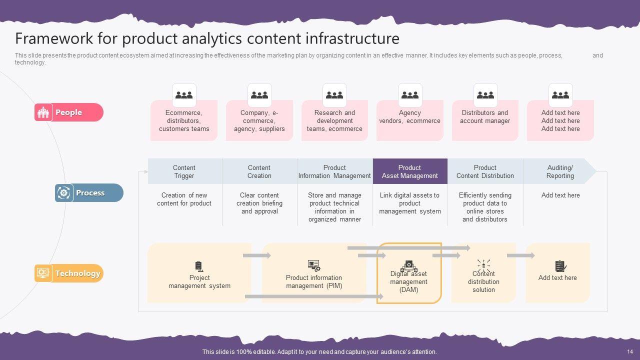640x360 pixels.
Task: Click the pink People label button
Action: (x=69, y=112)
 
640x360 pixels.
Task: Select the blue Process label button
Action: (x=89, y=193)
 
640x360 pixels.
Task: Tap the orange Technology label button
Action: (x=69, y=273)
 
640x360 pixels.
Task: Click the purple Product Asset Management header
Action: (x=410, y=171)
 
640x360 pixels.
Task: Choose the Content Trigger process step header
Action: (x=184, y=171)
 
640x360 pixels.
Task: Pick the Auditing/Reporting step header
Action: (x=560, y=171)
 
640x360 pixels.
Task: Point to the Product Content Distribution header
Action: (x=485, y=171)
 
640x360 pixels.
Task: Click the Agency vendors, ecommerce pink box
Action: (x=410, y=120)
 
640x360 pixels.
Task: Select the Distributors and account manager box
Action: (x=485, y=120)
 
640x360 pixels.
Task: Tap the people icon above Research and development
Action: (x=334, y=94)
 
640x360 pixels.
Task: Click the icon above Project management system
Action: (x=199, y=266)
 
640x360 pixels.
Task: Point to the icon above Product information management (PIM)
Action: (x=314, y=265)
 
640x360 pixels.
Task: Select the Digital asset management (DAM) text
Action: (x=409, y=282)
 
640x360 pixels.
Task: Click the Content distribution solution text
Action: (x=483, y=282)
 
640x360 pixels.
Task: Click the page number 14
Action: (x=629, y=351)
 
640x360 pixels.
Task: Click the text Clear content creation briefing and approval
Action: (x=259, y=203)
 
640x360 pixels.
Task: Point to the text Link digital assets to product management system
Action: (x=410, y=203)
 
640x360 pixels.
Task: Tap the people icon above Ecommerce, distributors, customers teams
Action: (x=184, y=94)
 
